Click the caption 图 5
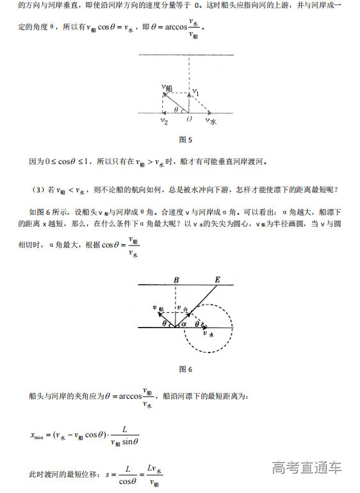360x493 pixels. coord(186,140)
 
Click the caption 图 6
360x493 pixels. coord(186,369)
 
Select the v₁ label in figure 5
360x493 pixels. coord(197,93)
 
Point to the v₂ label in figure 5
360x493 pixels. coord(165,121)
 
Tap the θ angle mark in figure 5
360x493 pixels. coord(176,110)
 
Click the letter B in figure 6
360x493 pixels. coord(176,280)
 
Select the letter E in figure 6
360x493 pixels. coord(217,280)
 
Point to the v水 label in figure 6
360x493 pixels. coord(207,333)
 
